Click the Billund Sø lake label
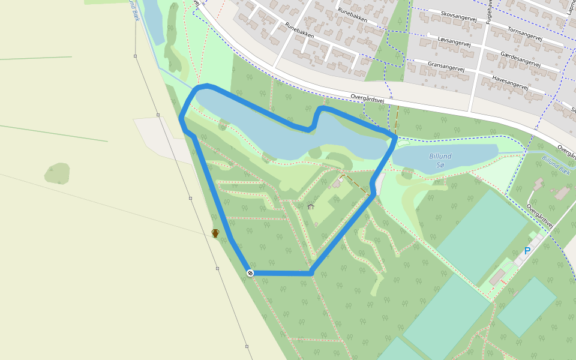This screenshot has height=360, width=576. coord(440,160)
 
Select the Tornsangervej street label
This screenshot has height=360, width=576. coord(524,34)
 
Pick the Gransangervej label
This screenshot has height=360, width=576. coord(446,65)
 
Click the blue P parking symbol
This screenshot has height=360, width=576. coord(527,251)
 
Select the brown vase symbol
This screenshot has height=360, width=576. coord(215,233)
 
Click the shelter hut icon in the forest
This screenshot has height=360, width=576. coord(311,206)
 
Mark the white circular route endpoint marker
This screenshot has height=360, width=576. coord(250,273)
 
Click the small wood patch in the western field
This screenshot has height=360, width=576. coord(57,173)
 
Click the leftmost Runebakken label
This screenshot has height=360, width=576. coord(300,31)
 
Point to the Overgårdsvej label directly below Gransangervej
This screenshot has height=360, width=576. coord(367,98)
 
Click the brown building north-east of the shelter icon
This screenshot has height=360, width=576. coord(337,184)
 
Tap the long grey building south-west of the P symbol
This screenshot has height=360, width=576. coord(497,277)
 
